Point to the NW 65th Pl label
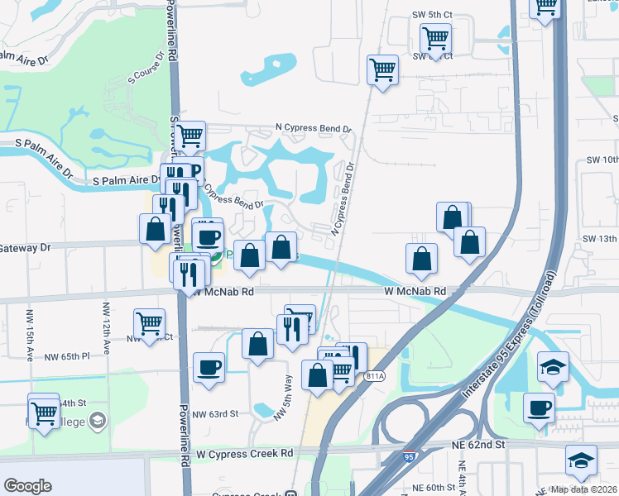pos(68,356)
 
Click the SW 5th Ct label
pos(433,15)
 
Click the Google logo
pos(27,485)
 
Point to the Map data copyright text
pos(583,489)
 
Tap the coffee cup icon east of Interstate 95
pos(540,408)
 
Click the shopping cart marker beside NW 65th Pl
pos(149,323)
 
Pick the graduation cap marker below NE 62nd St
pos(581,460)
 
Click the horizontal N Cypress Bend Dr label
pos(314,130)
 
